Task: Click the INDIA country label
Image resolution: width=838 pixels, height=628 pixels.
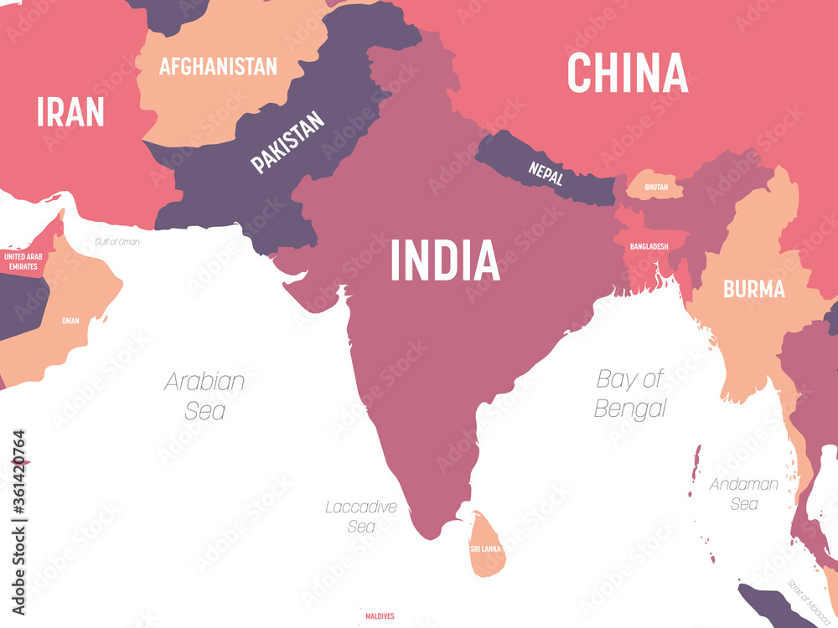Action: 445,260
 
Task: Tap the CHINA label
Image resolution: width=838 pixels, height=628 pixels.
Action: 628,73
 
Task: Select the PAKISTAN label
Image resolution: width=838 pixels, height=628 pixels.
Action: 287,142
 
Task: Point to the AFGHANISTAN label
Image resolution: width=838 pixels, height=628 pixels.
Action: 218,66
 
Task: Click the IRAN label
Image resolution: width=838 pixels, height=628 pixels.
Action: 70,111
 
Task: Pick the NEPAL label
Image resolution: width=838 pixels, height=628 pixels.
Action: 546,173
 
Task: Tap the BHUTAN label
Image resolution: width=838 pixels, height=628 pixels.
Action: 656,188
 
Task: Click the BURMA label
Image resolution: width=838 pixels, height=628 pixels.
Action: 754,290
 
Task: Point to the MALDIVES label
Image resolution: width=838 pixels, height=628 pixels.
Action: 380,617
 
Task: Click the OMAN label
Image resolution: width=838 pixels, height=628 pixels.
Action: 70,321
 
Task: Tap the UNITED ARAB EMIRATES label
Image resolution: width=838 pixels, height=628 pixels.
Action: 23,260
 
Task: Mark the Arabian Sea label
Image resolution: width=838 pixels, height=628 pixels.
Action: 205,395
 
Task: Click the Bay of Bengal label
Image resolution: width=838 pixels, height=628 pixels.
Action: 631,393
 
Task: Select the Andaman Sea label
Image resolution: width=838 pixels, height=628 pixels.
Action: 744,493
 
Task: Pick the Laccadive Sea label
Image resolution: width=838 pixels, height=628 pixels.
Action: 361,516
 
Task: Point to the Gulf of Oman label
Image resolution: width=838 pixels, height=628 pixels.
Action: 117,242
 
